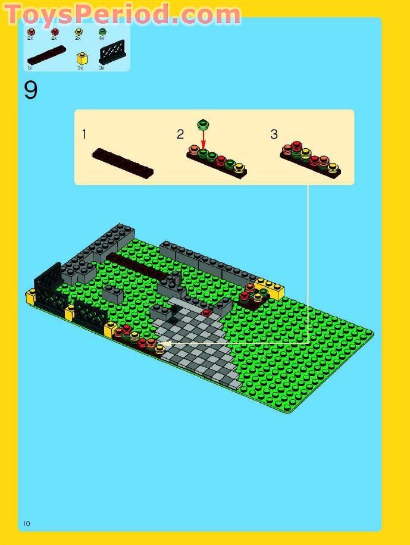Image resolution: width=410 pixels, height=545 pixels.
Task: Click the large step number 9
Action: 31,90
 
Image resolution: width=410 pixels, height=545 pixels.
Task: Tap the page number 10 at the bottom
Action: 26,524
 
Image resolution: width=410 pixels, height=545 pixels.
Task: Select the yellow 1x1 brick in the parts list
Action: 83,59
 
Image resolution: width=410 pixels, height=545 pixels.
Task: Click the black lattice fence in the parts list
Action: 112,53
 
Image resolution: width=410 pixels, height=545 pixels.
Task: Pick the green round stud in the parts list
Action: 102,32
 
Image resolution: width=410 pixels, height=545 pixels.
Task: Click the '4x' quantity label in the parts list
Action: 102,39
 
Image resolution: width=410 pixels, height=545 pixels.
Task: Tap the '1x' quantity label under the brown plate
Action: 29,68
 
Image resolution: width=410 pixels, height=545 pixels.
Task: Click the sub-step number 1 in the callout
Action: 84,134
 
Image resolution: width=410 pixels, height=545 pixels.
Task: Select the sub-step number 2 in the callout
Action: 180,134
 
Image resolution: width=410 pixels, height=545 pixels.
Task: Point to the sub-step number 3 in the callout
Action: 274,134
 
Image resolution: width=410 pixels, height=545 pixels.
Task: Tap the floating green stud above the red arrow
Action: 204,124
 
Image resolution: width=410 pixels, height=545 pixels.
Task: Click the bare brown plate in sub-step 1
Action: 123,163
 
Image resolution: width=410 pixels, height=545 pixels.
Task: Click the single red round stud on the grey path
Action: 206,312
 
